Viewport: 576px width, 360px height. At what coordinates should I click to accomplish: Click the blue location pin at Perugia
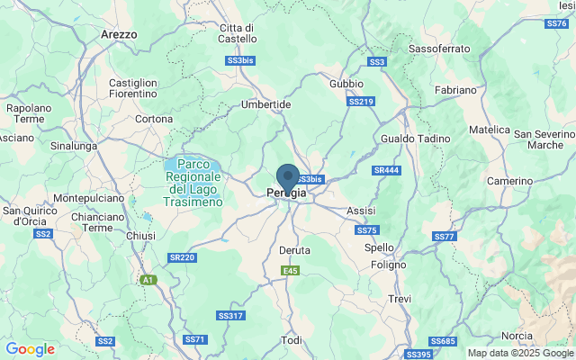click(x=287, y=176)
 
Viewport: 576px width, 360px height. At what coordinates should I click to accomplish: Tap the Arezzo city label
click(x=119, y=34)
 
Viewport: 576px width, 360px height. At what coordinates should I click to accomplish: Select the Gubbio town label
click(x=346, y=84)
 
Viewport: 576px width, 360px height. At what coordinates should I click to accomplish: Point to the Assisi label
click(x=360, y=210)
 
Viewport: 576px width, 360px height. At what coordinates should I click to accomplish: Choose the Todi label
click(x=292, y=340)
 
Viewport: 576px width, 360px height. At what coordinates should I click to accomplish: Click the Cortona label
click(x=154, y=119)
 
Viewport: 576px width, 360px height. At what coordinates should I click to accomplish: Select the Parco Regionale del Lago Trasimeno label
click(x=193, y=184)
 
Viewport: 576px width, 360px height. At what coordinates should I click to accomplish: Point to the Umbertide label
click(x=265, y=104)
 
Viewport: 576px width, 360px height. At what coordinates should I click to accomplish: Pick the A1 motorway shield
click(x=147, y=281)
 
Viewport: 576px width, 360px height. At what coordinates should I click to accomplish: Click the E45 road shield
click(x=290, y=271)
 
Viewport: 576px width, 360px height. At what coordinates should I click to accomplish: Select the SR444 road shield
click(x=387, y=170)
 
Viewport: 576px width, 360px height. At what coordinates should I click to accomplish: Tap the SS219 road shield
click(x=361, y=102)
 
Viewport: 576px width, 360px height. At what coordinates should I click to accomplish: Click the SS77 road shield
click(x=445, y=237)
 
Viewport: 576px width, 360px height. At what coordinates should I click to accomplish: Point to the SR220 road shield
click(x=182, y=257)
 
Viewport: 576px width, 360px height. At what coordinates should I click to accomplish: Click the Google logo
click(x=30, y=349)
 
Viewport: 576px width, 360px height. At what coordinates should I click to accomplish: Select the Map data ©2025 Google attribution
click(x=519, y=353)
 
